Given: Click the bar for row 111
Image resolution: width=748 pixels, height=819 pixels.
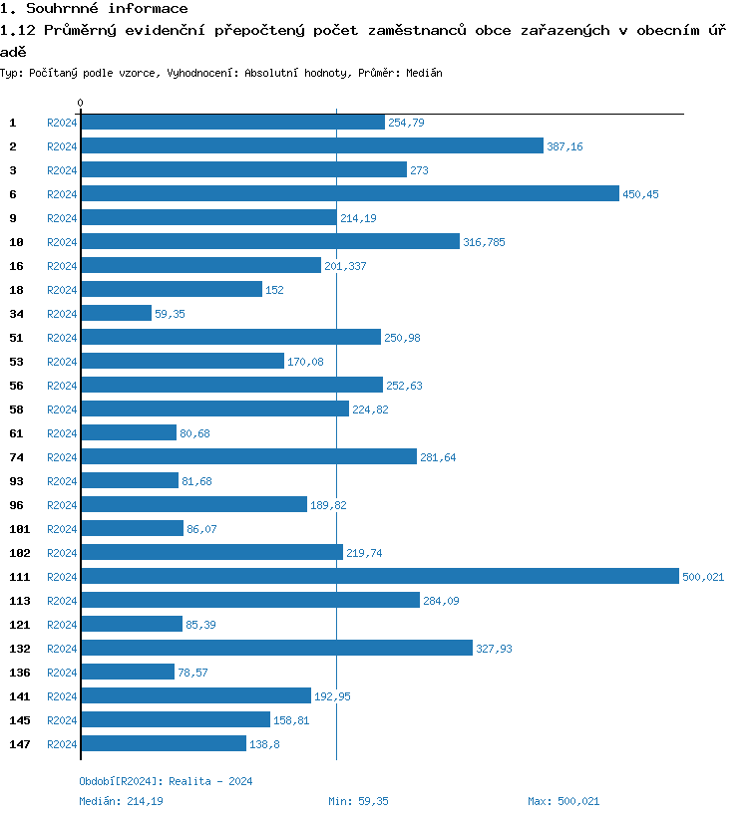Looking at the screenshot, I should tap(379, 577).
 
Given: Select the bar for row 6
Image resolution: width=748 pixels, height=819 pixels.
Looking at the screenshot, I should tap(349, 194).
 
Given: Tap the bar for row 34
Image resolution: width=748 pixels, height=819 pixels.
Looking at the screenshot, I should tap(116, 314).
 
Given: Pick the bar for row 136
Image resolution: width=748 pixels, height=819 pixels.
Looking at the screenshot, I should tap(128, 673).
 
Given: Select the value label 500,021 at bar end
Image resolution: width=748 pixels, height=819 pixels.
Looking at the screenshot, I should tap(703, 577).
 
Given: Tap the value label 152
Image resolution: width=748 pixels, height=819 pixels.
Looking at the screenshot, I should tap(275, 290).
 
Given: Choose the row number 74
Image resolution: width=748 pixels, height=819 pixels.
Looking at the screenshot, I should tap(16, 457).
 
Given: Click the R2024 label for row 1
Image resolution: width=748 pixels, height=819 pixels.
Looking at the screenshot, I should tap(62, 123).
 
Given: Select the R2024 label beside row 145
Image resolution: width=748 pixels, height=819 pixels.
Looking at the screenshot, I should tap(62, 720).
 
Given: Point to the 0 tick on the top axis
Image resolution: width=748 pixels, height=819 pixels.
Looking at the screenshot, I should tap(81, 103).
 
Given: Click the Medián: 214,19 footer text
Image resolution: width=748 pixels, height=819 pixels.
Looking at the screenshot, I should tap(121, 801).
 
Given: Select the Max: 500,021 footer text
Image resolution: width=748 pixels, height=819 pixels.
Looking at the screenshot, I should tap(563, 801).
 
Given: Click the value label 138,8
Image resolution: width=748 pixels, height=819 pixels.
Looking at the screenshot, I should tap(263, 744).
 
